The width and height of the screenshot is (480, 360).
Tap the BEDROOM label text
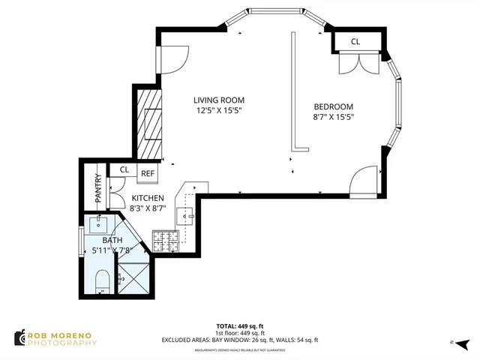(333, 106)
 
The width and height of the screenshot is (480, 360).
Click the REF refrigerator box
(148, 174)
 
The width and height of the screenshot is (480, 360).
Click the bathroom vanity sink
(100, 223)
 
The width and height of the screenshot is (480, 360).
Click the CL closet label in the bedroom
(355, 42)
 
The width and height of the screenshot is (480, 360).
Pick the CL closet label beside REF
(124, 170)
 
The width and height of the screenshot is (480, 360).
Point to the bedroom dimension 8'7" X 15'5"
(333, 117)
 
